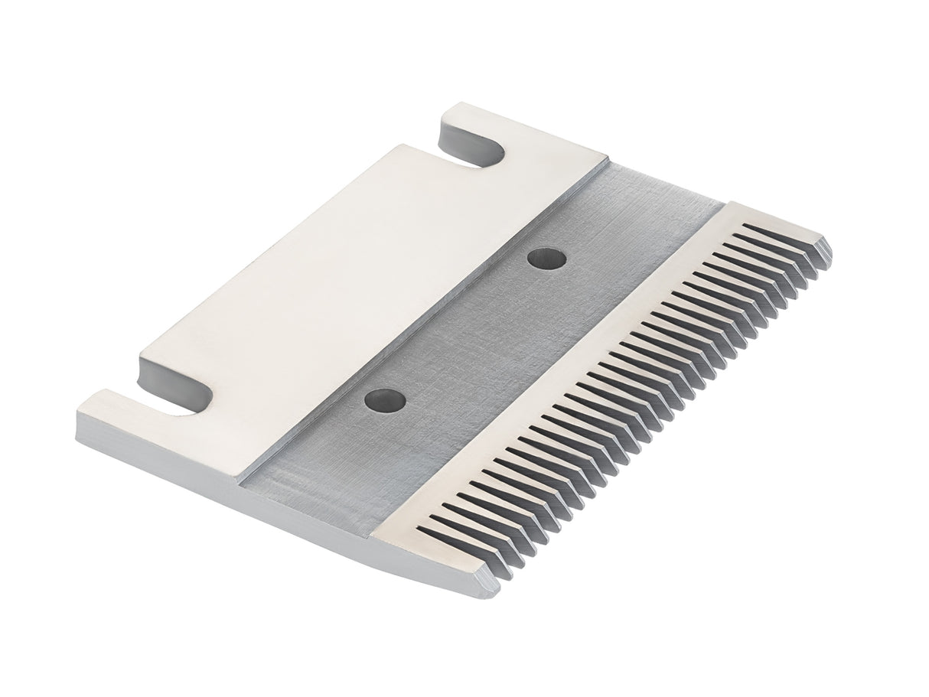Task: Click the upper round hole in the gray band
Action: [x=547, y=259]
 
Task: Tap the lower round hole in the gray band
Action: [x=385, y=399]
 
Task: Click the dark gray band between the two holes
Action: [x=467, y=329]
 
